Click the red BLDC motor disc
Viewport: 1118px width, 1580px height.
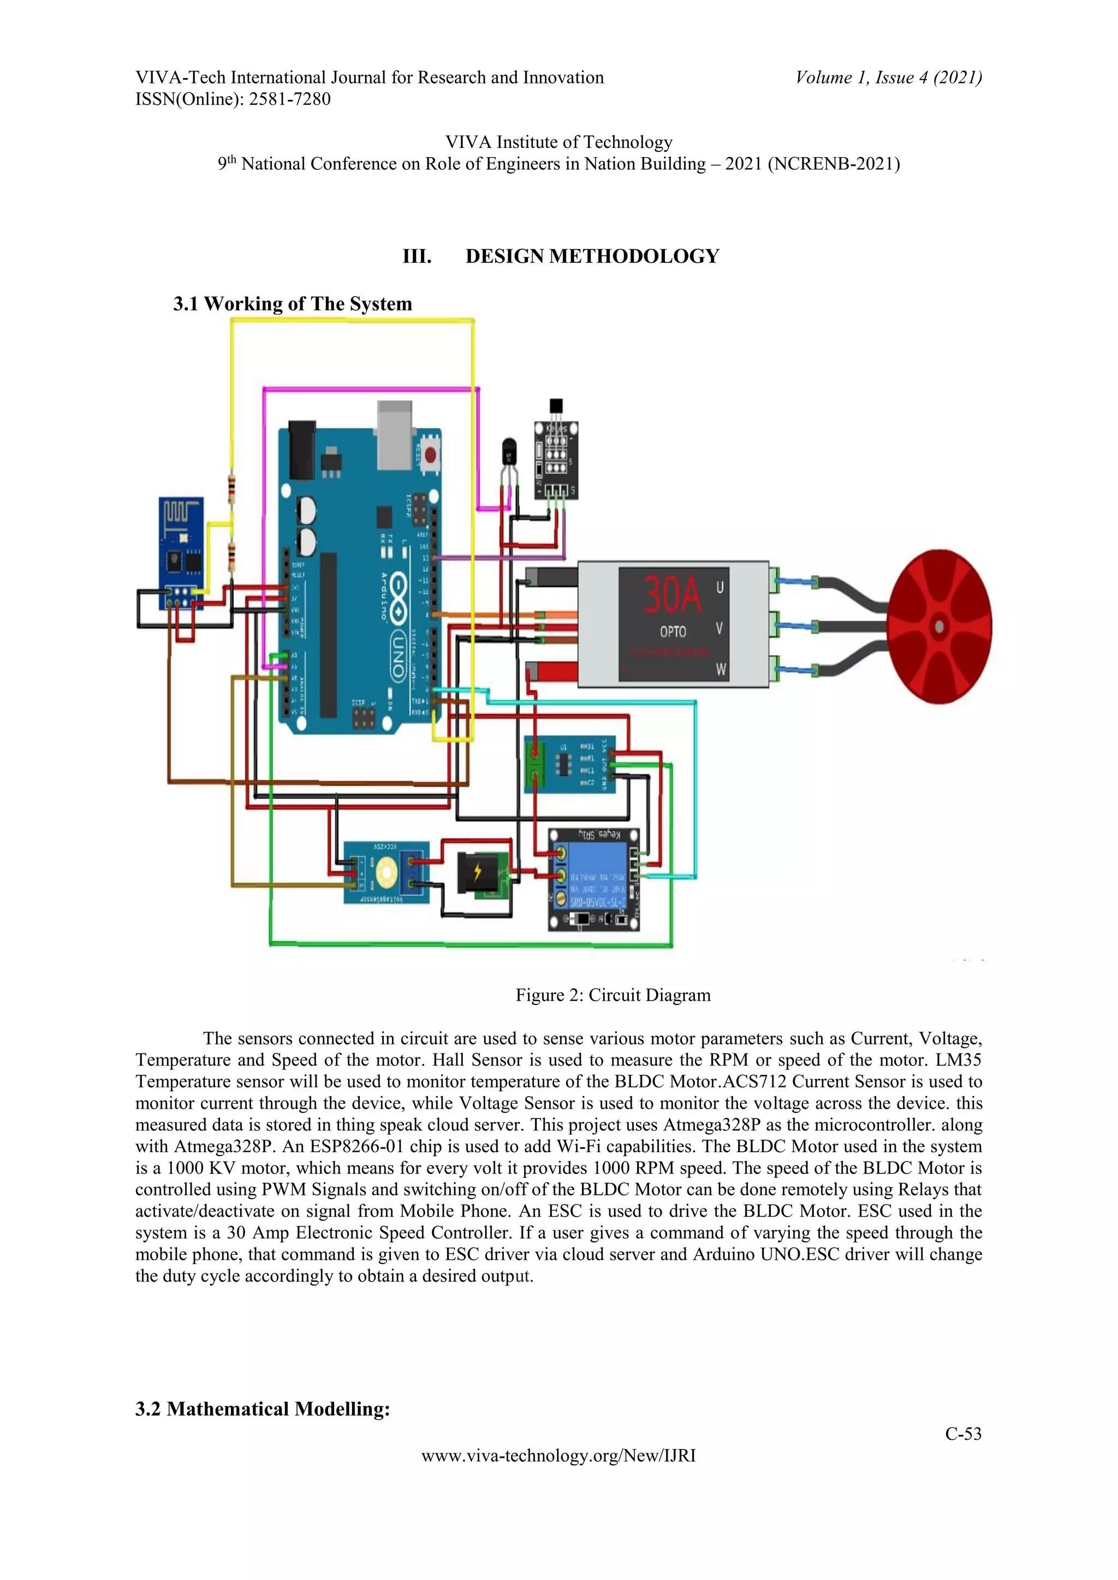939,626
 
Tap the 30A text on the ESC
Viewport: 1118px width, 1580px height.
671,595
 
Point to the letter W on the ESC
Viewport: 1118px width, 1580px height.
721,669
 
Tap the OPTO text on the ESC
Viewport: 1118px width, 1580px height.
673,631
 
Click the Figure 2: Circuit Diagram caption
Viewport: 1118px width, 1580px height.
612,995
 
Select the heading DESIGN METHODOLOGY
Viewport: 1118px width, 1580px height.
592,256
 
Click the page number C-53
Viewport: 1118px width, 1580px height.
962,1434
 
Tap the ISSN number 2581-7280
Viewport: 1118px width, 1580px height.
289,99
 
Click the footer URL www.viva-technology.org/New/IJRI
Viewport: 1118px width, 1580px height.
558,1456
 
